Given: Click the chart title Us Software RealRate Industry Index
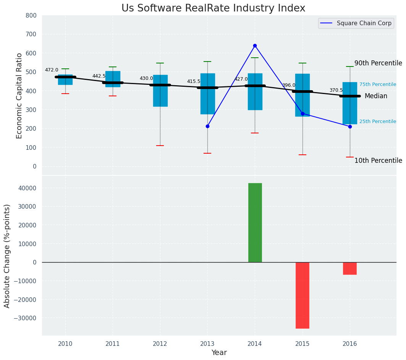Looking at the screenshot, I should [x=213, y=8].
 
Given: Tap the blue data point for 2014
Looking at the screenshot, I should [x=255, y=46].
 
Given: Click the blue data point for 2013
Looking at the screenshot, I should [x=207, y=126].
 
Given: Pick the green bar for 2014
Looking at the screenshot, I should [x=255, y=222].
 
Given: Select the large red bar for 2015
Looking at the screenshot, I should [x=302, y=295].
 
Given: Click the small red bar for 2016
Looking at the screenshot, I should [x=350, y=268].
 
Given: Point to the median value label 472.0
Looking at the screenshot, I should [x=52, y=70].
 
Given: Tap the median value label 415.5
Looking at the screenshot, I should [x=194, y=81].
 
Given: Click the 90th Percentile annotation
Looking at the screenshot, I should [x=378, y=63].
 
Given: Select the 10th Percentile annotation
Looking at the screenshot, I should [x=378, y=161].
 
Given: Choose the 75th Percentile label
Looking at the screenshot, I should [x=377, y=84].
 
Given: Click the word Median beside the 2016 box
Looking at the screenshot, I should [x=376, y=96].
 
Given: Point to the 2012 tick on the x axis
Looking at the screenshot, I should [x=160, y=344].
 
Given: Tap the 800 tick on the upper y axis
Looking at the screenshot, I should [x=31, y=15].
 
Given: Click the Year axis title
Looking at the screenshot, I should [x=219, y=352].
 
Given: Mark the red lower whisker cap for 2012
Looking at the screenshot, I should [x=160, y=146].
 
